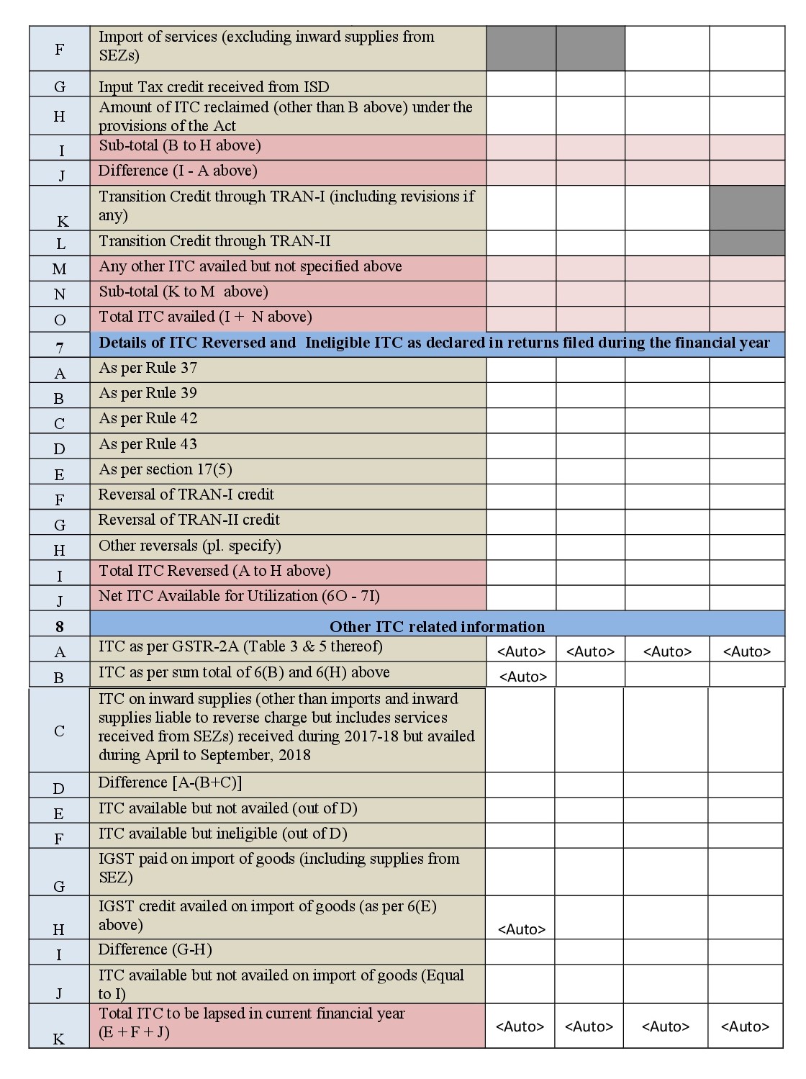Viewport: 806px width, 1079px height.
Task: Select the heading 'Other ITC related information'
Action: click(x=437, y=626)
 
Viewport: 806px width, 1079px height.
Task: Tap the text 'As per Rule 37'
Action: click(x=148, y=368)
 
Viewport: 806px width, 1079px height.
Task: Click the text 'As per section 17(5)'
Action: click(x=165, y=469)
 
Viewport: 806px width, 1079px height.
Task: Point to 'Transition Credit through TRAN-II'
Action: click(x=214, y=241)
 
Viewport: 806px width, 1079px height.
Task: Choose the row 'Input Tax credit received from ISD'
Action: click(x=214, y=87)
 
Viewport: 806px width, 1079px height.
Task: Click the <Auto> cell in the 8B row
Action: click(x=522, y=677)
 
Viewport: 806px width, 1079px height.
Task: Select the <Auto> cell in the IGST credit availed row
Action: click(x=521, y=929)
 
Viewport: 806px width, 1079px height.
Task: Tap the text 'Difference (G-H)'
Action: click(x=155, y=949)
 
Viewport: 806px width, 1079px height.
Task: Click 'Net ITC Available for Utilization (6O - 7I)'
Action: click(x=239, y=596)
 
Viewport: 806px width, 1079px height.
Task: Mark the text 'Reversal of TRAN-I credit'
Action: click(x=186, y=495)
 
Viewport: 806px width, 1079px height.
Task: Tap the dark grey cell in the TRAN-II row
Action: click(x=747, y=243)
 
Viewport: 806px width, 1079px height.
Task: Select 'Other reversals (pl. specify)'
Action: click(x=189, y=546)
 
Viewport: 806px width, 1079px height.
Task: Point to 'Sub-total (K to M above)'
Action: click(x=183, y=292)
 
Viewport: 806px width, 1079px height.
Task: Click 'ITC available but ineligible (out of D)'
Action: click(x=222, y=834)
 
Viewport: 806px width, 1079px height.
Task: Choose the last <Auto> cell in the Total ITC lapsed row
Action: click(x=745, y=1026)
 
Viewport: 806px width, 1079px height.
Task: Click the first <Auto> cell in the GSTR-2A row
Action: click(x=521, y=651)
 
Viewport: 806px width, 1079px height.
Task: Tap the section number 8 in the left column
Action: click(x=60, y=626)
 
